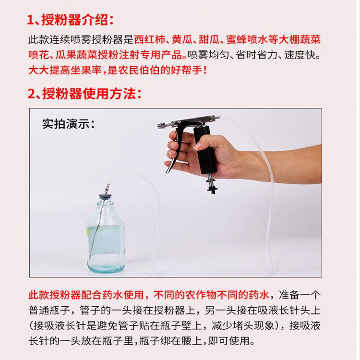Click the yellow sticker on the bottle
[x=87, y=232]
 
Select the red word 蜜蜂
[x=237, y=39]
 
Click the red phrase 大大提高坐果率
[x=65, y=70]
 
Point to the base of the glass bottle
[x=106, y=268]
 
